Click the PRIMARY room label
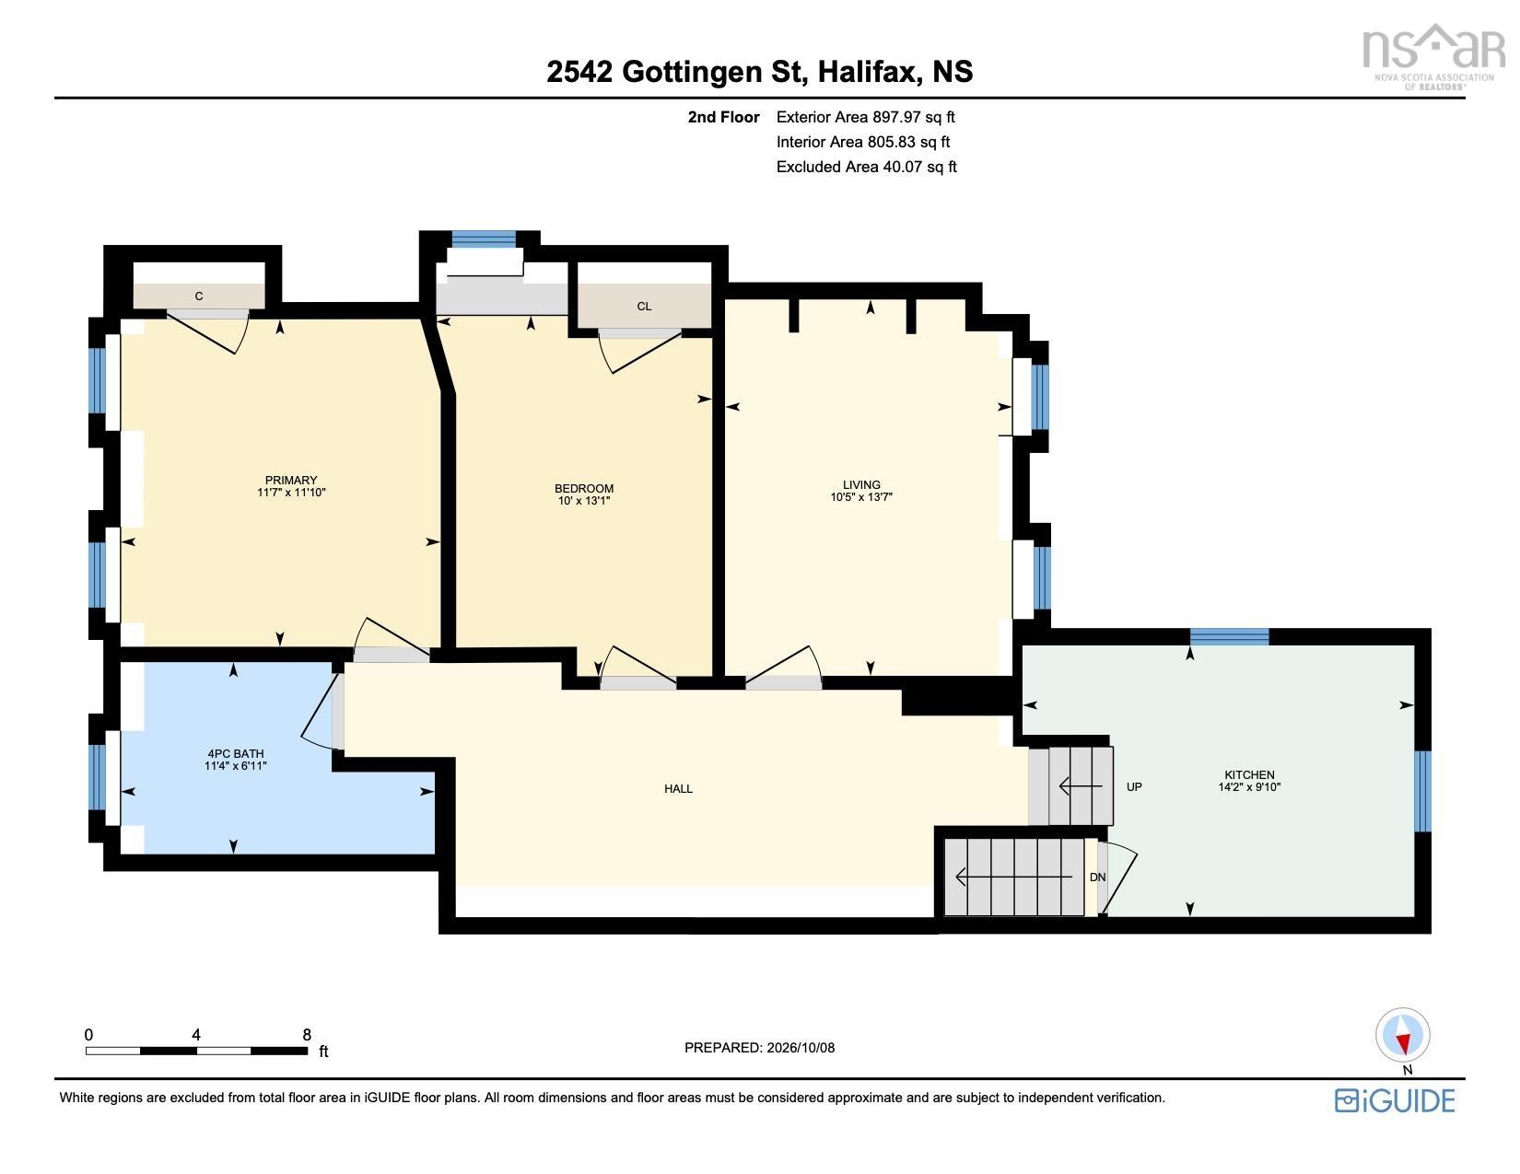[291, 481]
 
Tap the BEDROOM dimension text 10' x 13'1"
[584, 501]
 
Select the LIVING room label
[861, 485]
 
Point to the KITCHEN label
[1249, 774]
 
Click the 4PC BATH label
[236, 754]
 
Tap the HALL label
[679, 789]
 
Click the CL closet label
[644, 307]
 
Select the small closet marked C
[199, 296]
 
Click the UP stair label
[1134, 786]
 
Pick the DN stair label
[1097, 877]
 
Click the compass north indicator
[1402, 1036]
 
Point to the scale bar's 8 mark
[307, 1034]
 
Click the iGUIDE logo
[1395, 1100]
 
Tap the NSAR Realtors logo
[1433, 57]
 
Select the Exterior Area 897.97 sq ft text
[865, 117]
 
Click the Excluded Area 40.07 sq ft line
[866, 167]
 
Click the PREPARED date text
[760, 1048]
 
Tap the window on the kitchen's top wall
[1229, 636]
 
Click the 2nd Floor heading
[723, 117]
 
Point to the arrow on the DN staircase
[1013, 877]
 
